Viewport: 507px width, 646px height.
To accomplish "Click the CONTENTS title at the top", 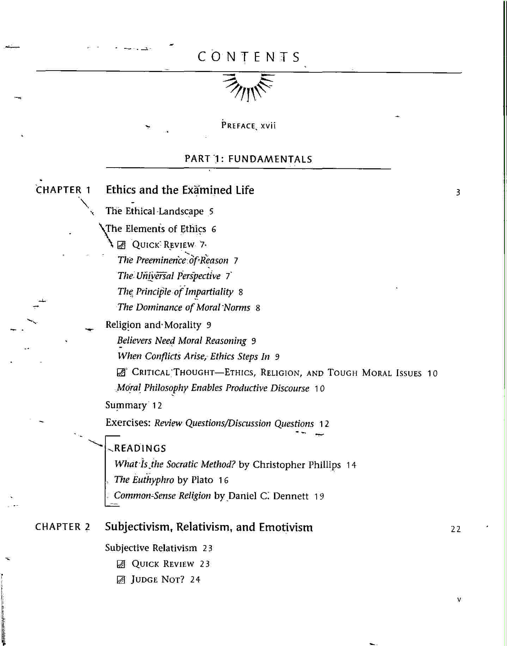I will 249,57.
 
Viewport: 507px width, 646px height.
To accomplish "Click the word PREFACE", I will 238,126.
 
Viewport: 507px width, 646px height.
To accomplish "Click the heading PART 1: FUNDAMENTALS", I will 248,159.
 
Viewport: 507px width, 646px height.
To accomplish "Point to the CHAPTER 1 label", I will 63,190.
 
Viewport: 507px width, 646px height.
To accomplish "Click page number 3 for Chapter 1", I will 458,193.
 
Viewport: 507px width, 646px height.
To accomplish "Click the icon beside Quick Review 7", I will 121,245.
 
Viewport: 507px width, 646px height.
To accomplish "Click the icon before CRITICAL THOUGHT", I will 121,373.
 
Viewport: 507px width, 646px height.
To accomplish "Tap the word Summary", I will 126,405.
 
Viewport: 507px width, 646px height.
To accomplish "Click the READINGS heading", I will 140,448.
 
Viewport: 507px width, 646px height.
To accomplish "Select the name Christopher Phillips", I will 297,465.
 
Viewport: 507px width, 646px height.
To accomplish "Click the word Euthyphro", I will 153,480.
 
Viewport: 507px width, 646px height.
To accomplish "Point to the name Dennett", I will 291,496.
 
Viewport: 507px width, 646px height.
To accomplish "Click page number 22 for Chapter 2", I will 456,529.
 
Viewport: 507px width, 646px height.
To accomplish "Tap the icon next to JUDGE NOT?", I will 121,580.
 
